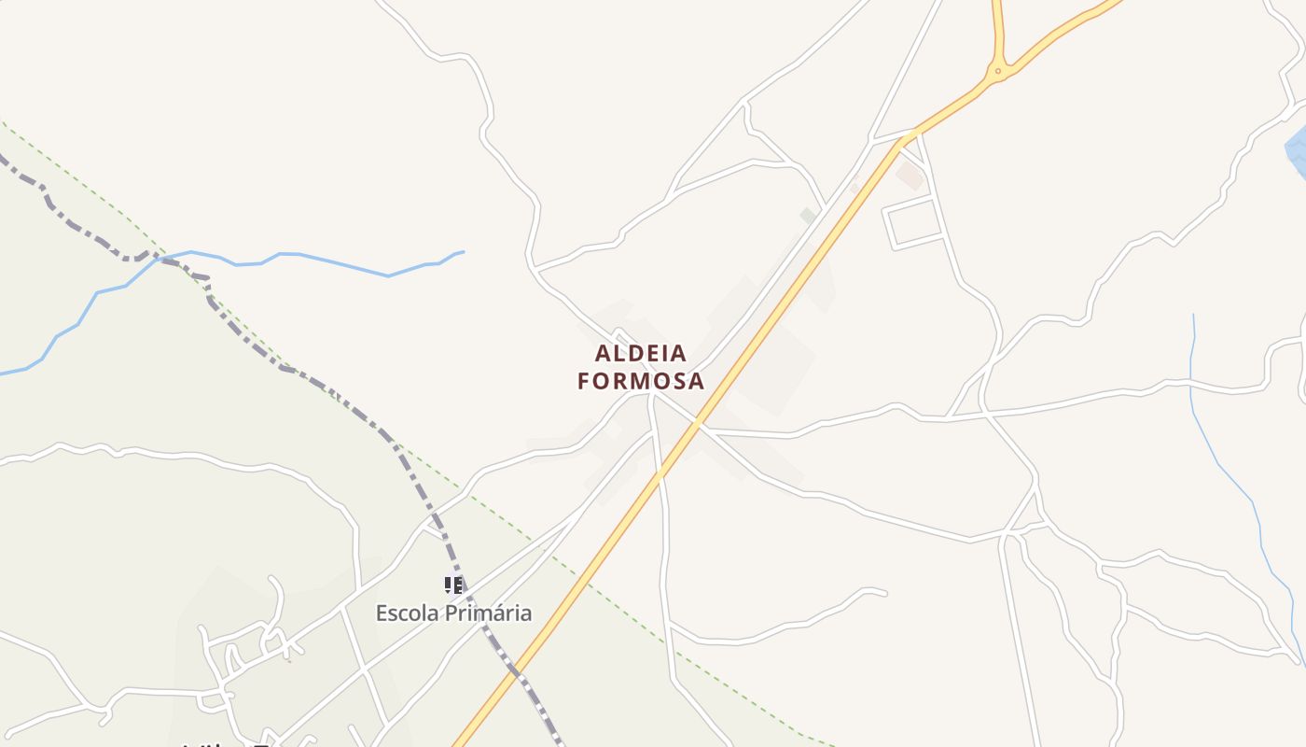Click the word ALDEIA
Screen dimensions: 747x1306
click(641, 354)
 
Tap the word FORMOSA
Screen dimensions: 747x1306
click(641, 381)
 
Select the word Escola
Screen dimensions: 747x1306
click(408, 613)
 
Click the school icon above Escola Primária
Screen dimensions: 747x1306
click(452, 585)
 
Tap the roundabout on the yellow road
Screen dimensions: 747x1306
click(998, 70)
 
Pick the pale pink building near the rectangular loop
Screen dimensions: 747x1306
click(910, 174)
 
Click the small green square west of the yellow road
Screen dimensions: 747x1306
click(808, 216)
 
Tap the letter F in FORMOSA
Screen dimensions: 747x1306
click(585, 381)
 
